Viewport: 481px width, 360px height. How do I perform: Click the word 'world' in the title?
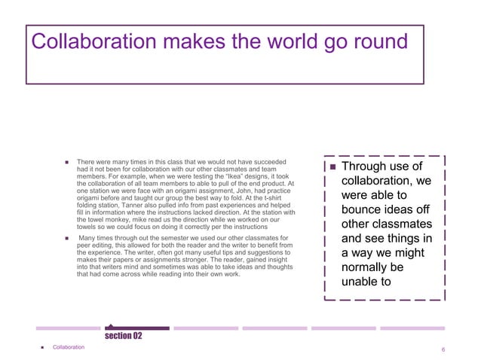click(277, 42)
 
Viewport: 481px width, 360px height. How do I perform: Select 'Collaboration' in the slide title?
click(90, 42)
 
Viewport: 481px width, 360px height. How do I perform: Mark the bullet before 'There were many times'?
click(66, 162)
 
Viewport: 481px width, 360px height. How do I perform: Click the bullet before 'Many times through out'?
click(66, 239)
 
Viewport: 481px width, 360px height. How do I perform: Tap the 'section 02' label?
click(124, 335)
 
